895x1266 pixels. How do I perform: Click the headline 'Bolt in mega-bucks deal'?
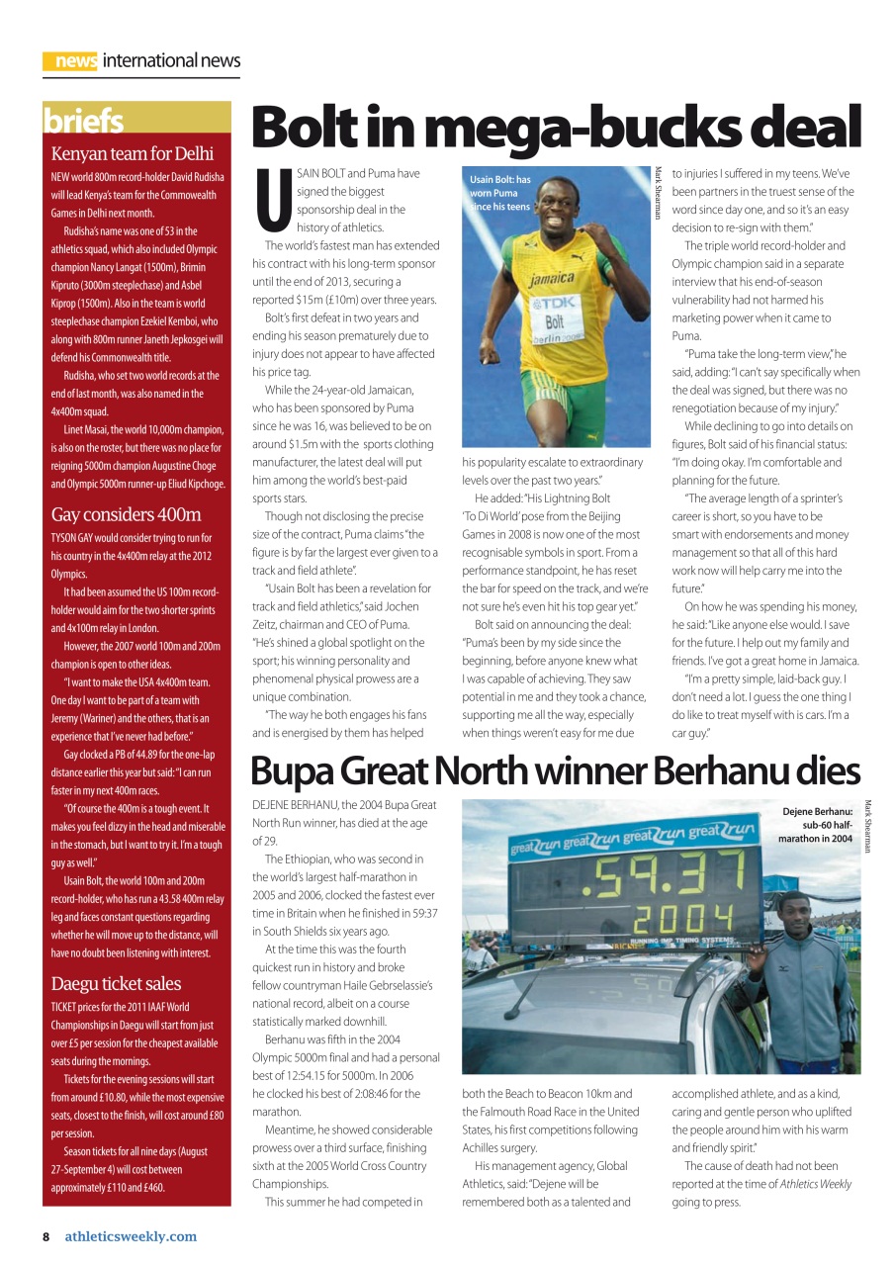pos(556,129)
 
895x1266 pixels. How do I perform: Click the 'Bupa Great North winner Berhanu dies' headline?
pos(555,771)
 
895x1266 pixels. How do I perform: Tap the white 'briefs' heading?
pos(83,121)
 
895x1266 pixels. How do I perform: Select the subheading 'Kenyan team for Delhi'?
pos(133,154)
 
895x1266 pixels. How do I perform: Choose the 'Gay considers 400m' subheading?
pos(126,514)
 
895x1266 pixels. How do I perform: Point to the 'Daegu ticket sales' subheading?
pos(116,983)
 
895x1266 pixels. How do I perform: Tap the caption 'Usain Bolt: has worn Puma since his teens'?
pos(501,194)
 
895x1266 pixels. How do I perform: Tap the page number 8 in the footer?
pos(45,1236)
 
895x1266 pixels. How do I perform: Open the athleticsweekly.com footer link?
pos(131,1236)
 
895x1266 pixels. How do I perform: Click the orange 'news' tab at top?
pos(71,61)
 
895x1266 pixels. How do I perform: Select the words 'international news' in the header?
pos(171,61)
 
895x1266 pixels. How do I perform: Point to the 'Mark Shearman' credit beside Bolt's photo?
pos(657,193)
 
